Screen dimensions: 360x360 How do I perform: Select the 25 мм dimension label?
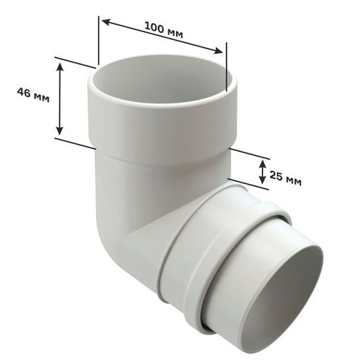(x=285, y=177)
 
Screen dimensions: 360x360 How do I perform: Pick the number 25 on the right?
(x=276, y=176)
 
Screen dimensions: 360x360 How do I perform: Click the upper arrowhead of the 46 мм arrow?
(x=60, y=66)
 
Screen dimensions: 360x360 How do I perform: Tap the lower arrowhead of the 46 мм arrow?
(x=60, y=129)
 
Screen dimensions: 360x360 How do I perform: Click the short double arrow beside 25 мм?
(x=261, y=171)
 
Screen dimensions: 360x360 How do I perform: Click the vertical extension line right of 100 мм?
(x=225, y=65)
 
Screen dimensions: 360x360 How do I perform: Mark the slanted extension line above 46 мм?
(x=76, y=62)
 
